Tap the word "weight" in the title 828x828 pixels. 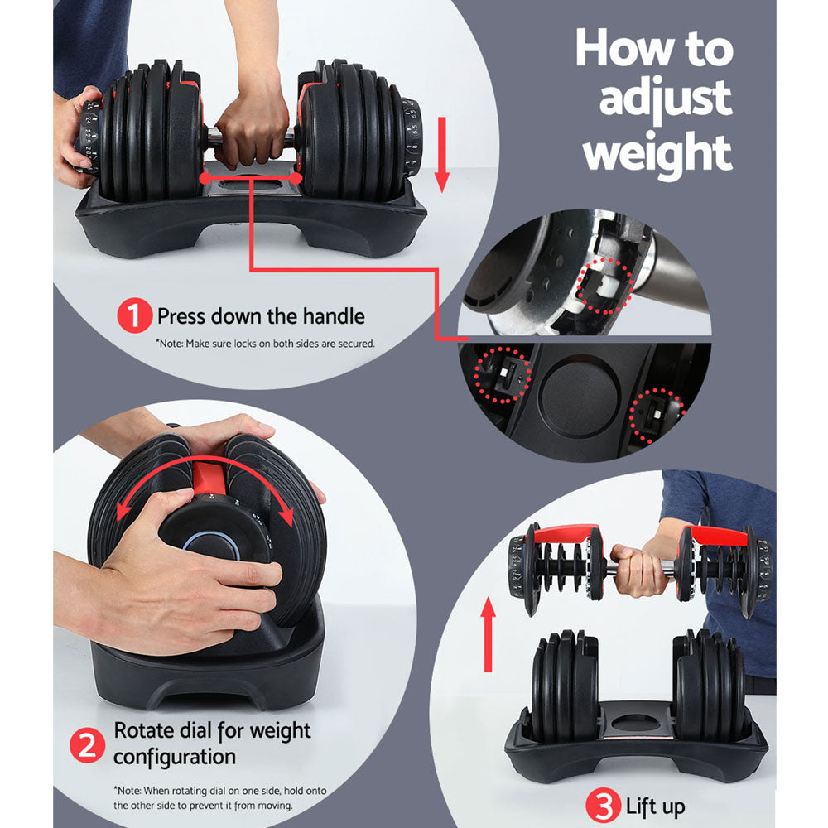pos(657,152)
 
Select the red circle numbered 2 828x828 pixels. pos(88,744)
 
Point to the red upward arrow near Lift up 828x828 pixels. pos(489,633)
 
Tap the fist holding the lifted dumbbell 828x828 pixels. pos(637,570)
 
